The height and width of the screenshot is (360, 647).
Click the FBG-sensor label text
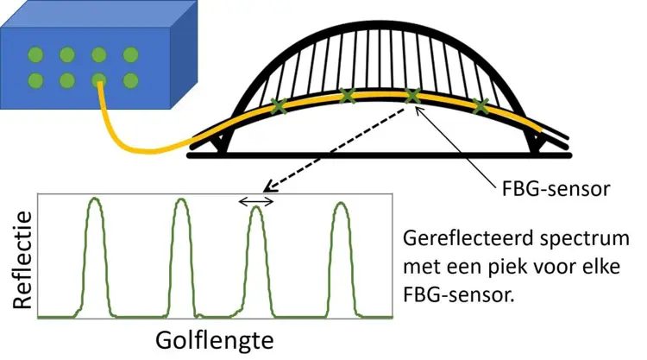tap(556, 189)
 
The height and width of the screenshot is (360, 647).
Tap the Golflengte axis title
tap(215, 341)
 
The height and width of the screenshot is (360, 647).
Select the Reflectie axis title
tap(22, 260)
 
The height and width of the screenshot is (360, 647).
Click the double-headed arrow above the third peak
tap(256, 201)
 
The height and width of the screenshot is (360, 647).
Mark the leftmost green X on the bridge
tap(279, 105)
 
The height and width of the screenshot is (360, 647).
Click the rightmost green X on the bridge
tap(481, 106)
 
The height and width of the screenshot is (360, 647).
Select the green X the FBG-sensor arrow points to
tap(412, 96)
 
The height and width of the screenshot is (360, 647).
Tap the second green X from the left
tap(347, 96)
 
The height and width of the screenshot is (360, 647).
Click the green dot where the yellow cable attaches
tap(99, 80)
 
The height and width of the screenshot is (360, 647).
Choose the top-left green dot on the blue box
tap(35, 54)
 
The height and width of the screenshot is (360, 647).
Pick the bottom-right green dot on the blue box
tap(130, 80)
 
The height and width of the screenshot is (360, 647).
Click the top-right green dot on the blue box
tap(130, 54)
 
